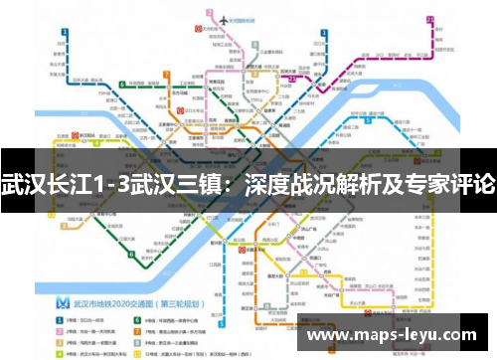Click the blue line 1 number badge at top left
pos(63,32)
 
